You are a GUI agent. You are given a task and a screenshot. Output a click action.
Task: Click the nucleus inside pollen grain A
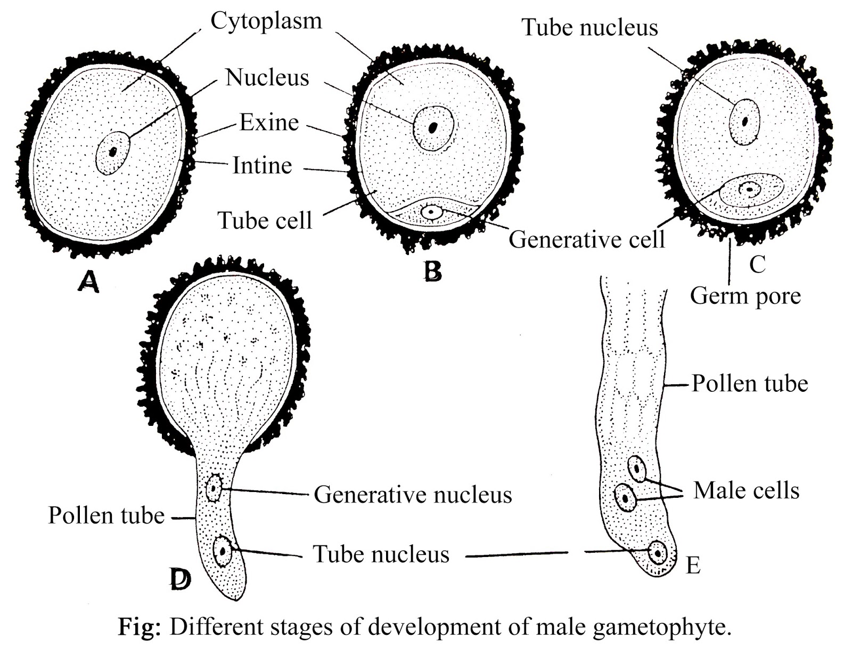coord(113,152)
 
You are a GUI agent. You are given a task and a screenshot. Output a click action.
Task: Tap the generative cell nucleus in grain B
coord(430,212)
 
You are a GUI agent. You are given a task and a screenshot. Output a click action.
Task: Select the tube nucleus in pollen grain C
coord(744,121)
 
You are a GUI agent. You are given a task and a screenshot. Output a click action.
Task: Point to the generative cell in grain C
coord(750,190)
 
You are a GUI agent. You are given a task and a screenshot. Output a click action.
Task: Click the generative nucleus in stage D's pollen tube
coord(214,487)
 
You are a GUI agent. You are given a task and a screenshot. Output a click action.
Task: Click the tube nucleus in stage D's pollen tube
coord(222,552)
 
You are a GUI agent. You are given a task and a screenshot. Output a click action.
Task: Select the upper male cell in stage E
coord(637,469)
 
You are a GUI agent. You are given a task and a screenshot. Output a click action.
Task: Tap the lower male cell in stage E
coord(625,497)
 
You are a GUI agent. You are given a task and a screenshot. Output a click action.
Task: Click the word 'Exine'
coord(269,122)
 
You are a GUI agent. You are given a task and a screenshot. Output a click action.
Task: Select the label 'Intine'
coord(262,165)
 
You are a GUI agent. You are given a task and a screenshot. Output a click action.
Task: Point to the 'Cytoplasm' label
coord(266,21)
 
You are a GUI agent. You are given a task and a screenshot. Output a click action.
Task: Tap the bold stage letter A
coord(88,281)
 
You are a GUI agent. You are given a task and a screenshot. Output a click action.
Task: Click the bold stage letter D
coord(179,579)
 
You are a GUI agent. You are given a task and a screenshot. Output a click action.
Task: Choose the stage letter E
coord(693,566)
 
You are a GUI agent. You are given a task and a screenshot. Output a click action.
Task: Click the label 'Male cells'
coord(746,490)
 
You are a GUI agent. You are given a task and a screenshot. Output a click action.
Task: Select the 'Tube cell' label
coord(265,220)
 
